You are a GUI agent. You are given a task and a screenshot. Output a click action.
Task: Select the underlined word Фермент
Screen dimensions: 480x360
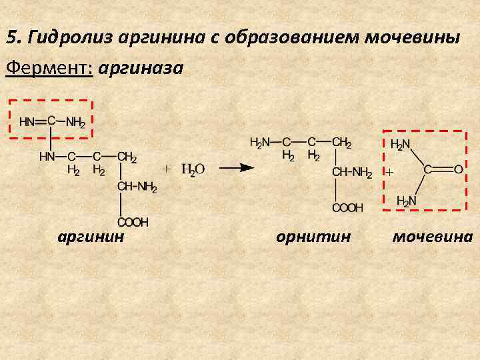(x=48, y=69)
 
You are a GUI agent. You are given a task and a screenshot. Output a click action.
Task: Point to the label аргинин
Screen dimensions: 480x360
(x=91, y=237)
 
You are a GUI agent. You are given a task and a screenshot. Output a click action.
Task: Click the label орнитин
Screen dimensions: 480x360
(x=313, y=237)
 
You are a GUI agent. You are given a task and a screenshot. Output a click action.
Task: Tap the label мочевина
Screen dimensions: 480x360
(x=432, y=237)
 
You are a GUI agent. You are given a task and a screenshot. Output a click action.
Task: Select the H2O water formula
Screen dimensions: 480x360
(x=193, y=170)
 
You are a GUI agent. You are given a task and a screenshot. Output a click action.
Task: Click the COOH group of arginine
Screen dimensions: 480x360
(x=133, y=221)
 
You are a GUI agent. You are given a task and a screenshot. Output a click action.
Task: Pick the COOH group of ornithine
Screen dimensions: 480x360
(x=347, y=208)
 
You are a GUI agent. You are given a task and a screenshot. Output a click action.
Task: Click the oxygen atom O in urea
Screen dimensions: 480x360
(x=458, y=169)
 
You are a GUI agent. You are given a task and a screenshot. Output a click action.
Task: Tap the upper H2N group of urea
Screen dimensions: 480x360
(x=400, y=144)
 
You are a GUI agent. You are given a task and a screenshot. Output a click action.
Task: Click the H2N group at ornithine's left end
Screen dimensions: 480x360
(x=260, y=143)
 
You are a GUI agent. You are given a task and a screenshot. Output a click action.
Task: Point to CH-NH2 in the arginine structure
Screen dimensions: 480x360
(x=137, y=187)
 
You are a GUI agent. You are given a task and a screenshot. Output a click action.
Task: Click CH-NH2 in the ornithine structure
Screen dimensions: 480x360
(x=351, y=173)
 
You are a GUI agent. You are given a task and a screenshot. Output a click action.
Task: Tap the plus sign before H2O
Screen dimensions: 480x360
(x=167, y=169)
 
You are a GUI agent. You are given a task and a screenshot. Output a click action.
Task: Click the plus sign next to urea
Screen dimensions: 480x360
(x=389, y=172)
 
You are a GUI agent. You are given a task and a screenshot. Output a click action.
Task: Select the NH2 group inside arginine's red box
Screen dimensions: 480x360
(x=75, y=123)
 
